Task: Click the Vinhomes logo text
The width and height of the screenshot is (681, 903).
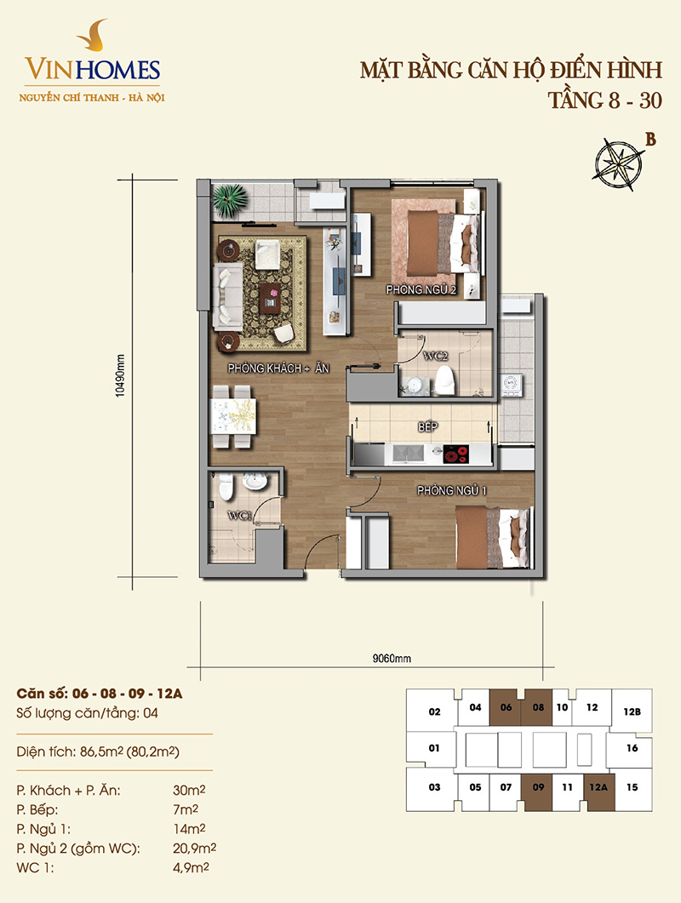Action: point(92,69)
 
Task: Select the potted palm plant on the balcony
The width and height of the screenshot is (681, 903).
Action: point(231,200)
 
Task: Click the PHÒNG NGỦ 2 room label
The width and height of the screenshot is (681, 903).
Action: point(421,289)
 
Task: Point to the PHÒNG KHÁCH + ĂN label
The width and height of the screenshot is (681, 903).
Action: point(278,368)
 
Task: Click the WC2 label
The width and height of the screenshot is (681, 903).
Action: point(436,356)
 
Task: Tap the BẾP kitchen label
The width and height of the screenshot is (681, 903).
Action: point(427,426)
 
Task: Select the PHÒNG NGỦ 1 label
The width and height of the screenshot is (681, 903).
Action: point(452,491)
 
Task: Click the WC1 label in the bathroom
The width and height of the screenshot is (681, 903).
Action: point(240,516)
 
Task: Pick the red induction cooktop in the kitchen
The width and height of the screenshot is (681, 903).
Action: point(455,454)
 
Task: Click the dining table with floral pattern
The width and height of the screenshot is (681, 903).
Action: point(233,416)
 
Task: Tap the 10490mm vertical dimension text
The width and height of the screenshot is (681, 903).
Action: point(120,375)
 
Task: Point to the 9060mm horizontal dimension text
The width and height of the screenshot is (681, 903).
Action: point(392,658)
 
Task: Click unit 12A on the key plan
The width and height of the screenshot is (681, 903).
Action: point(598,787)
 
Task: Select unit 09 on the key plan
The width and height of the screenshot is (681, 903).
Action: point(538,787)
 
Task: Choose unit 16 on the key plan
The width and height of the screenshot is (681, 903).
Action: point(632,748)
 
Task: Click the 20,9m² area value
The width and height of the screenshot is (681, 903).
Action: point(195,849)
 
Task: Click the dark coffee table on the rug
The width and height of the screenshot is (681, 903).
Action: point(270,298)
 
